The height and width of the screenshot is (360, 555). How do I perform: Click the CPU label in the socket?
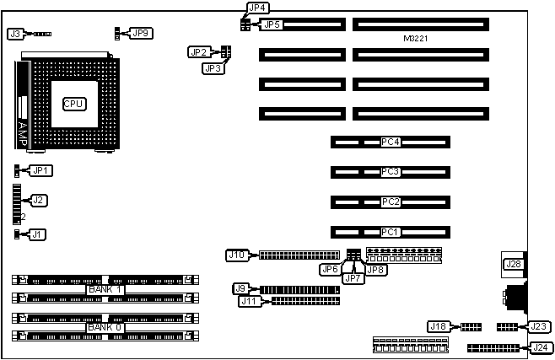74,103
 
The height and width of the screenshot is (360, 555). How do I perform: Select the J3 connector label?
15,35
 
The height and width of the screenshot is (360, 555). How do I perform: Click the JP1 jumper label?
40,170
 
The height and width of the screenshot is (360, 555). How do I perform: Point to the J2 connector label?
38,201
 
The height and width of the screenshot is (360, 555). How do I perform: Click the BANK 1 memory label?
105,289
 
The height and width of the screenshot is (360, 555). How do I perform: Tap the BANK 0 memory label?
105,327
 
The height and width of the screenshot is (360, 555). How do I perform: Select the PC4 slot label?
390,142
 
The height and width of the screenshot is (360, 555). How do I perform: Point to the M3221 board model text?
418,40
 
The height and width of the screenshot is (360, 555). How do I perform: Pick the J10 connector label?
237,255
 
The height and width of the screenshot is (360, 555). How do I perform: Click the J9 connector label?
241,288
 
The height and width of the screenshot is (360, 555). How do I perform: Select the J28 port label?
512,265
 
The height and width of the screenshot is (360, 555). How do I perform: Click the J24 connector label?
537,347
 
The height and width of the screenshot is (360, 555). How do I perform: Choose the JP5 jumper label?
271,25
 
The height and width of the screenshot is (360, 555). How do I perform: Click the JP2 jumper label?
197,52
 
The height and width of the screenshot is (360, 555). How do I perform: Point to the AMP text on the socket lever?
23,131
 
